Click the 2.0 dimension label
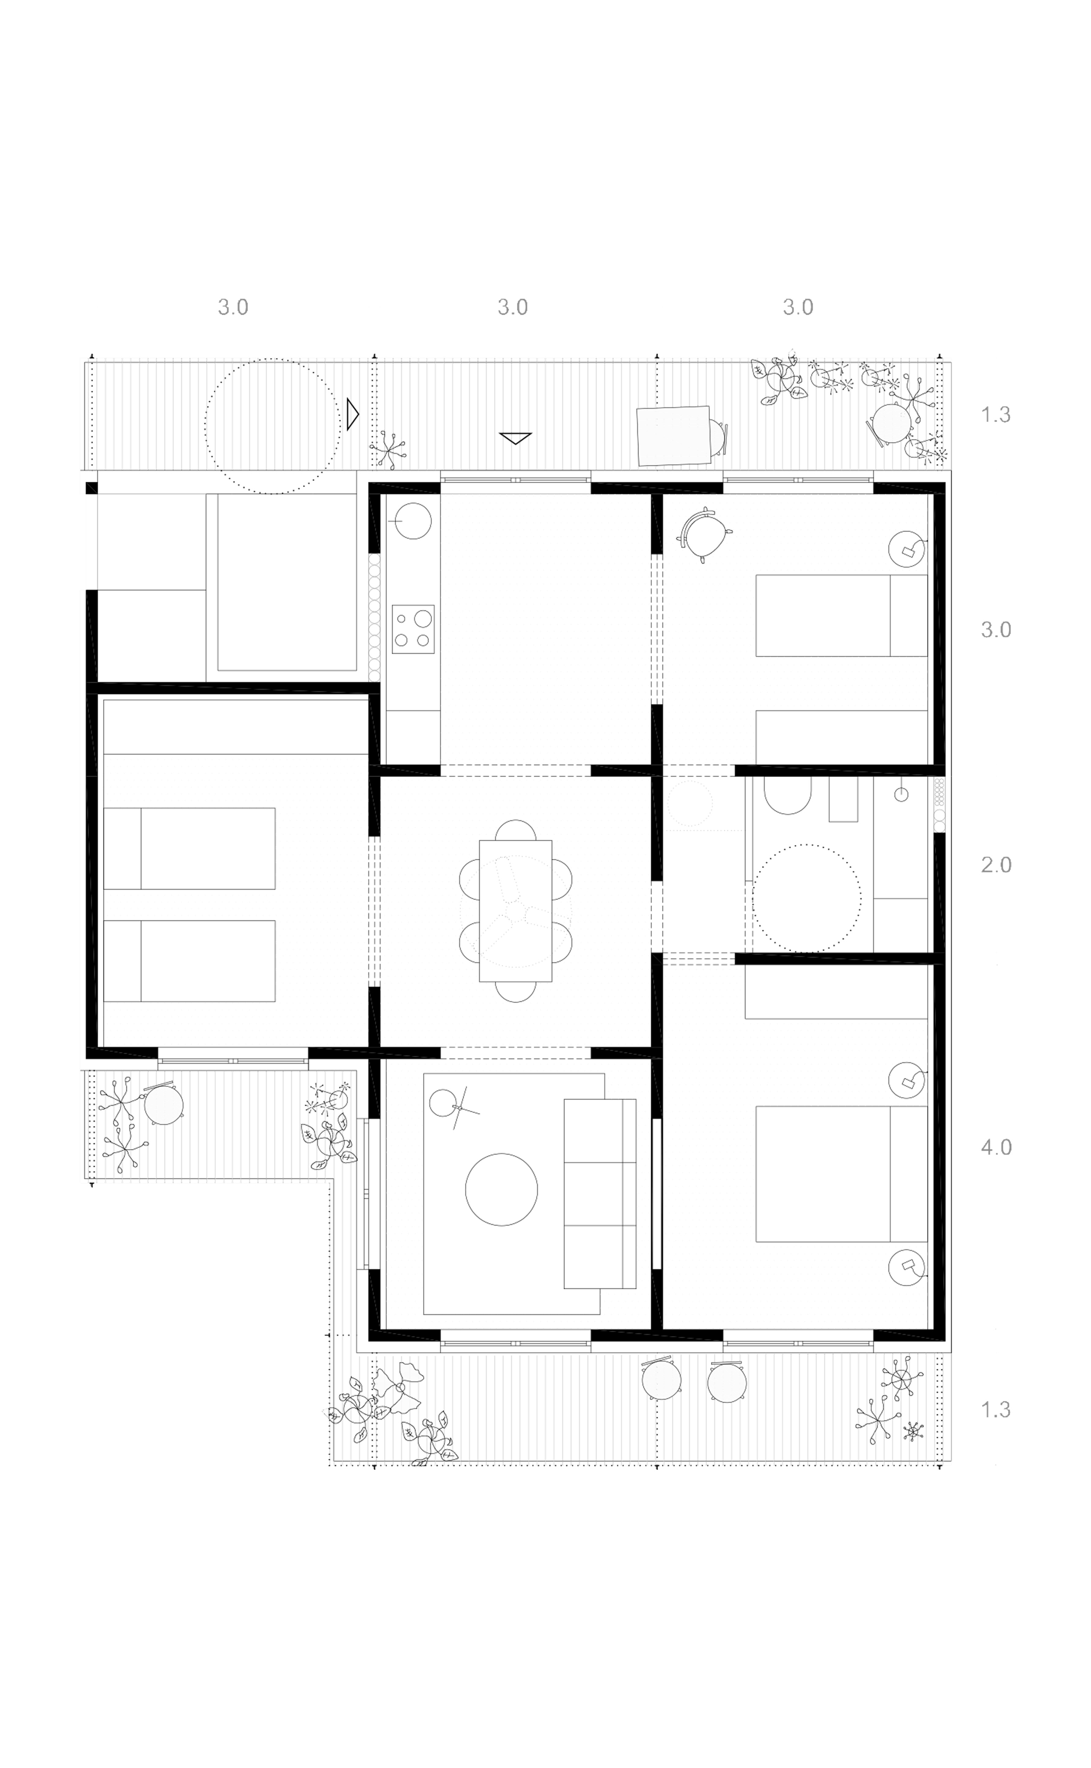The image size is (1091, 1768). [996, 864]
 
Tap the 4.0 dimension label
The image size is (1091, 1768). [996, 1147]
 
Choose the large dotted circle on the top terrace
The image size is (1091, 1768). [273, 426]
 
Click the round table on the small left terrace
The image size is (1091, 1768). [164, 1104]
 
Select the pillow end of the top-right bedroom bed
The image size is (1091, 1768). [908, 615]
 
